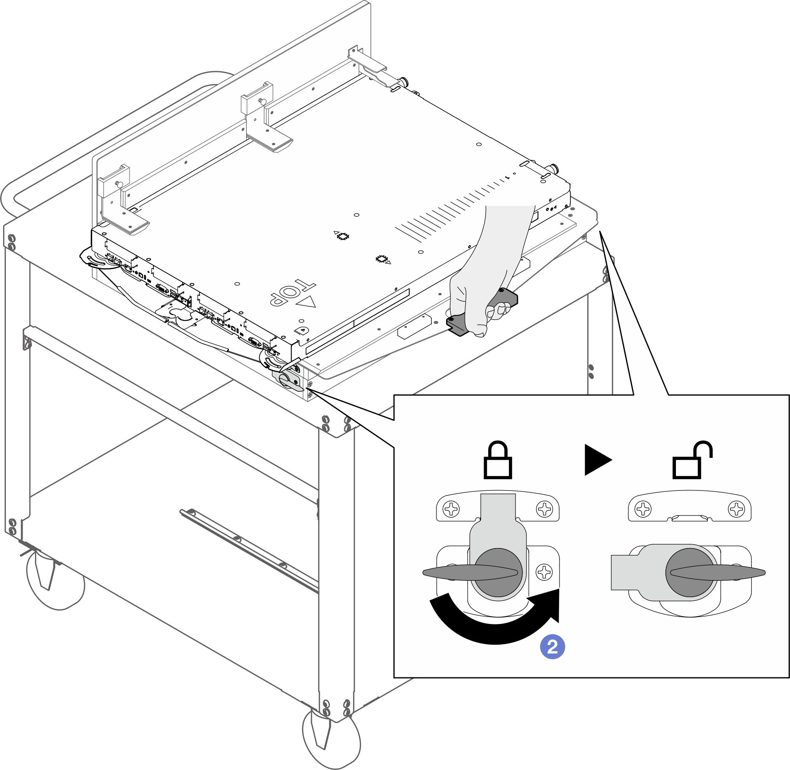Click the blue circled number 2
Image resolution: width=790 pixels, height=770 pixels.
(x=552, y=647)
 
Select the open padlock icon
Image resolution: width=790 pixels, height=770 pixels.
(x=692, y=461)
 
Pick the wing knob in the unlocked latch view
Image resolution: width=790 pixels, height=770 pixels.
(x=718, y=572)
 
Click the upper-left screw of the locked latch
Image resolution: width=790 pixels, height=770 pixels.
(x=451, y=509)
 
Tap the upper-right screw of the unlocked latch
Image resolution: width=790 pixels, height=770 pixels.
(x=736, y=509)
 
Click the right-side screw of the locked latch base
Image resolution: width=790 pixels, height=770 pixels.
(x=544, y=572)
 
